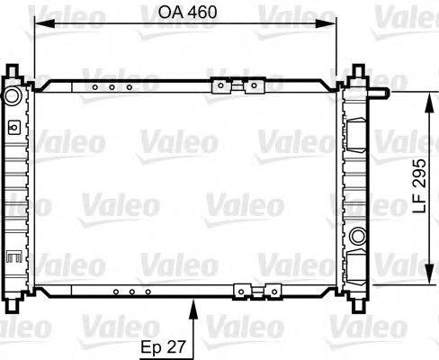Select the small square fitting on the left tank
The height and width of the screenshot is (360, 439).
pyautogui.click(x=13, y=128)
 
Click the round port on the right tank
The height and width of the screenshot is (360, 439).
pyautogui.click(x=358, y=237)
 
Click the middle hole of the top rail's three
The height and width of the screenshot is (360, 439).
pyautogui.click(x=112, y=87)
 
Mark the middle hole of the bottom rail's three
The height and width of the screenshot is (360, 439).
pyautogui.click(x=130, y=292)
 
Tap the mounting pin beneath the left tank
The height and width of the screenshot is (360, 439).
pyautogui.click(x=13, y=304)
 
